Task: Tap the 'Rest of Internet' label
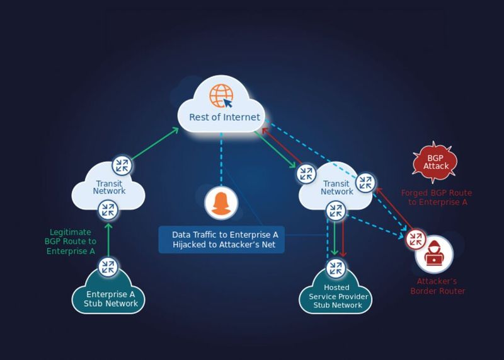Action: point(224,117)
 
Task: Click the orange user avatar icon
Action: point(220,203)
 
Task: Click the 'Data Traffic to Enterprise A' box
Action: point(221,239)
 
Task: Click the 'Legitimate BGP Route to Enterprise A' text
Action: point(71,241)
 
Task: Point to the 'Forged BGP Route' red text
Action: point(436,197)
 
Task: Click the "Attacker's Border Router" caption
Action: point(437,286)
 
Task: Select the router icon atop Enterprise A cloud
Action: point(109,267)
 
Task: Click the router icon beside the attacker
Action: point(415,239)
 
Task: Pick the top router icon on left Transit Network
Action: point(122,166)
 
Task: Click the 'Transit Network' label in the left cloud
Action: point(109,187)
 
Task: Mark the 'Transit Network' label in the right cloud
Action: point(337,188)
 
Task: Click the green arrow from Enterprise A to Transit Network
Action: point(108,238)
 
